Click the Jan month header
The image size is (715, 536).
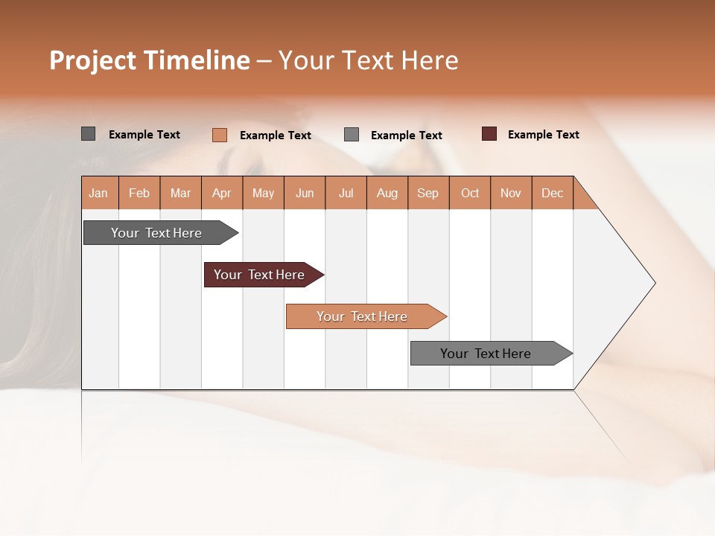[98, 193]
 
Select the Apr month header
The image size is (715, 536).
[221, 193]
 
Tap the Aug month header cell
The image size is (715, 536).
[387, 193]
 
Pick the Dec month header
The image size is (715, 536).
[552, 193]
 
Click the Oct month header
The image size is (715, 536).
[470, 193]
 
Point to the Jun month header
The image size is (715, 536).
[305, 193]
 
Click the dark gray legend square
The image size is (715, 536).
[88, 134]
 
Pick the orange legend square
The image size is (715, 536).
[219, 135]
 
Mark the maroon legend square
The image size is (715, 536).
[489, 134]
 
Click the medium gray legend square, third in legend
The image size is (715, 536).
[352, 135]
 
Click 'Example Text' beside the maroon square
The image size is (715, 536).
[543, 135]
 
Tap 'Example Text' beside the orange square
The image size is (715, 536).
[275, 135]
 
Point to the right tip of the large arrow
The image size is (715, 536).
[654, 283]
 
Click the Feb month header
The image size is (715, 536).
[139, 193]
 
